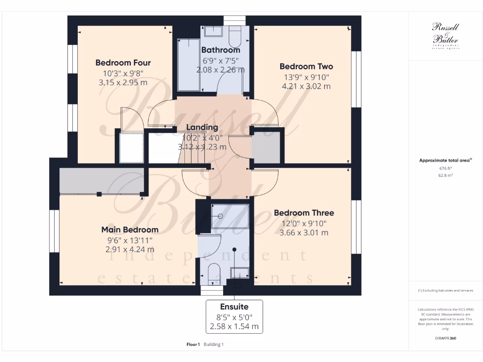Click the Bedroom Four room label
click(123, 63)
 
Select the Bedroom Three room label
click(304, 213)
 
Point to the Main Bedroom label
click(130, 230)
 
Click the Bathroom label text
click(221, 50)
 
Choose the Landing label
click(202, 127)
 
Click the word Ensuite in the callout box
click(234, 306)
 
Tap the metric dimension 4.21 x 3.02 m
click(306, 86)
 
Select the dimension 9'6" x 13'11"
click(130, 239)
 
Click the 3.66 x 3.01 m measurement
click(304, 232)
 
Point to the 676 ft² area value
click(445, 168)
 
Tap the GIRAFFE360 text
click(445, 338)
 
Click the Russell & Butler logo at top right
click(445, 35)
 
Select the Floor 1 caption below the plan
click(194, 345)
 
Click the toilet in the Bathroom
click(234, 35)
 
